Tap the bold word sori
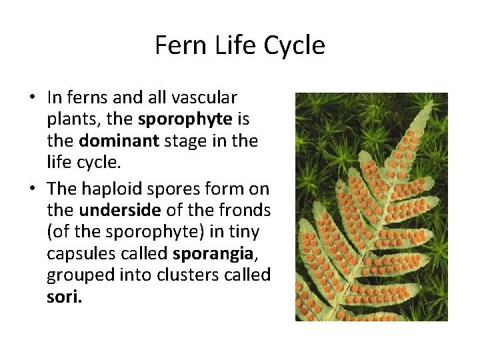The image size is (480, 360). (65, 297)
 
